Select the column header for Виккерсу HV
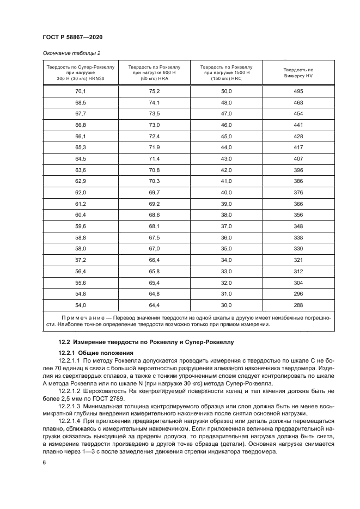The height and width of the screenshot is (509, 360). click(298, 72)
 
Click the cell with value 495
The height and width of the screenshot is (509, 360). click(298, 91)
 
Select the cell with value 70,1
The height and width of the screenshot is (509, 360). click(81, 91)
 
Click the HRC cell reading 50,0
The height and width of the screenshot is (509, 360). click(226, 91)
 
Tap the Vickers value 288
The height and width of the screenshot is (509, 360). click(298, 305)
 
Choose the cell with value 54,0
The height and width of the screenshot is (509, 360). click(81, 305)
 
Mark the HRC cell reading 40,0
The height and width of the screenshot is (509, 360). click(226, 193)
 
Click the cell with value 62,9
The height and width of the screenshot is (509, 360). click(81, 181)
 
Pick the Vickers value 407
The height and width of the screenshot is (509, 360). click(298, 159)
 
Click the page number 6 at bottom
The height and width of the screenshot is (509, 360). click(44, 462)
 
